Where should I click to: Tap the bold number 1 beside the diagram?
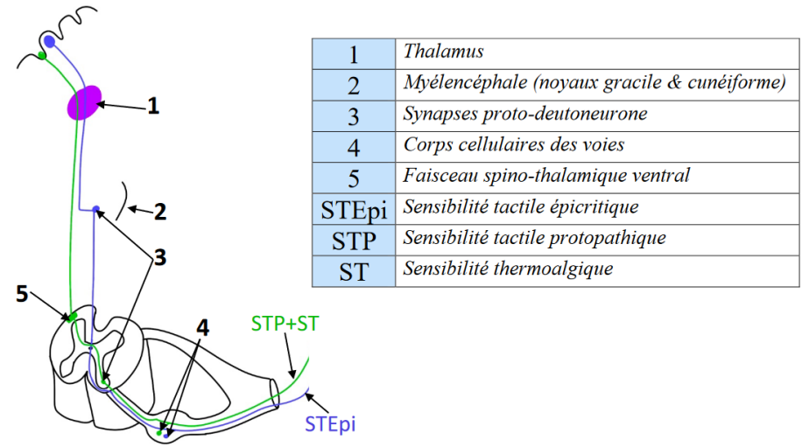(x=153, y=107)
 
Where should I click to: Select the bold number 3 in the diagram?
(x=159, y=257)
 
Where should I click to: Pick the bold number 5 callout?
(x=22, y=293)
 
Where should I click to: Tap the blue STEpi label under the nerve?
(x=331, y=426)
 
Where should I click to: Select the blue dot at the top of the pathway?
(x=49, y=41)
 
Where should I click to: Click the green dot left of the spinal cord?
(x=73, y=316)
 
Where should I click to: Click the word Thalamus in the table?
(x=444, y=52)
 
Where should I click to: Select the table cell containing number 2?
(x=354, y=85)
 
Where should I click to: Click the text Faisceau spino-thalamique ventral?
(x=546, y=175)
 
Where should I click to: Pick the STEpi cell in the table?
(x=354, y=208)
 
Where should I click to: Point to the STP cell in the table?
(x=354, y=239)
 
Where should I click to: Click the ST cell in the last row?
(x=354, y=270)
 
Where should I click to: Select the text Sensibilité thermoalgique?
(x=508, y=269)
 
